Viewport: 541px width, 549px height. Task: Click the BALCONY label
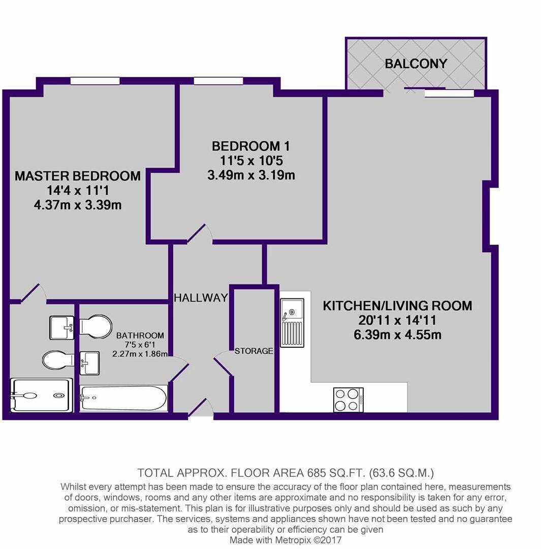[x=416, y=64]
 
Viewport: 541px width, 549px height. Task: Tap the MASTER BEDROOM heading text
[x=77, y=176]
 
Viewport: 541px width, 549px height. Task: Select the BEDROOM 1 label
[x=251, y=146]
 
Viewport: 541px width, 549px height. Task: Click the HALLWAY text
[x=201, y=298]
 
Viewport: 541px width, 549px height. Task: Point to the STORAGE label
[x=253, y=351]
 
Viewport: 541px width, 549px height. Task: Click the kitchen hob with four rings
[x=348, y=400]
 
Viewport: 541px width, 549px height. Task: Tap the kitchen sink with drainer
[x=292, y=323]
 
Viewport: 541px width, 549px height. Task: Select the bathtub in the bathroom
[x=123, y=398]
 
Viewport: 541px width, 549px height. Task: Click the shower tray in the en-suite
[x=42, y=395]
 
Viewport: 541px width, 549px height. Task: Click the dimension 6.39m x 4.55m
[x=397, y=335]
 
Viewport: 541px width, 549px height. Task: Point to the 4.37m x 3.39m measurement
[x=77, y=205]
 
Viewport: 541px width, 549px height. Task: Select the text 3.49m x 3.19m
[x=251, y=176]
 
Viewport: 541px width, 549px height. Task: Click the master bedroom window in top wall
[x=94, y=81]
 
